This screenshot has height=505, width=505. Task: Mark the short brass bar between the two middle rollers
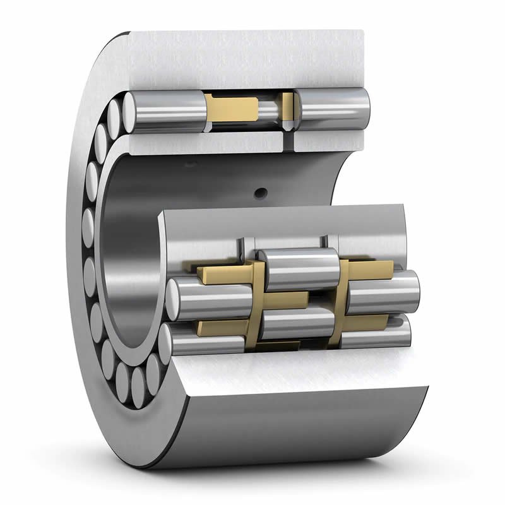287,299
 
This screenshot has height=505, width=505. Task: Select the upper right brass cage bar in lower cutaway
371,268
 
